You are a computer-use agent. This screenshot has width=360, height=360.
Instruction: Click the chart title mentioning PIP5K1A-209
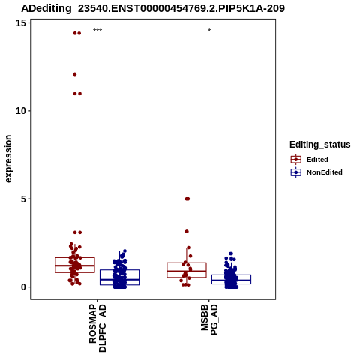coord(153,8)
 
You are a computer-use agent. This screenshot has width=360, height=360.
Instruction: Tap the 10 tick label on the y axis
coord(21,111)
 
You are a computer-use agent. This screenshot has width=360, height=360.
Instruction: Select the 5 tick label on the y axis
coord(24,199)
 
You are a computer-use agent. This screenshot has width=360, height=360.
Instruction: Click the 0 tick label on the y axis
coord(24,287)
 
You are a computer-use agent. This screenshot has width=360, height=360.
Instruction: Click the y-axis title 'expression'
coord(8,159)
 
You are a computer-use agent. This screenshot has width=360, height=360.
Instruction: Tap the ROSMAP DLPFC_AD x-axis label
coord(97,328)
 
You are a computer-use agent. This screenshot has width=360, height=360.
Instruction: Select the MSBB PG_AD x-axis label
coord(209,319)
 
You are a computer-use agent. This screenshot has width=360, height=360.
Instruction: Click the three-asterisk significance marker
coord(97,31)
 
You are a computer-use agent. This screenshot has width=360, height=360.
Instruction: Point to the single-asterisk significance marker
coord(209,31)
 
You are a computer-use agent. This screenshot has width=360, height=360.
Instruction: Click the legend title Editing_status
coord(320,145)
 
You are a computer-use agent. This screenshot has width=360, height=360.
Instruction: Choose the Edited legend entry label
coord(317,160)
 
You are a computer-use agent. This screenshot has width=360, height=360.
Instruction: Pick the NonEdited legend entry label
coord(325,172)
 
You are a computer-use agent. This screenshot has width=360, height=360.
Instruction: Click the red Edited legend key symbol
coord(296,160)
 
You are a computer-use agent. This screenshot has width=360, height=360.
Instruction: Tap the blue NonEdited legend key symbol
coord(296,172)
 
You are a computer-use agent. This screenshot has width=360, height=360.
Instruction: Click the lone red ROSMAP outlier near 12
coord(75,74)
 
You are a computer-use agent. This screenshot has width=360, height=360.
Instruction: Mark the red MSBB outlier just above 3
coord(187,232)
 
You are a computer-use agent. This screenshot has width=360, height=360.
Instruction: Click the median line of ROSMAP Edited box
coord(75,265)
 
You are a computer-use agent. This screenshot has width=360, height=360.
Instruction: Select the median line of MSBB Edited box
coord(187,271)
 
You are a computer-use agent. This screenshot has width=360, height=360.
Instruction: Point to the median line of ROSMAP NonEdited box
coord(119,280)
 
